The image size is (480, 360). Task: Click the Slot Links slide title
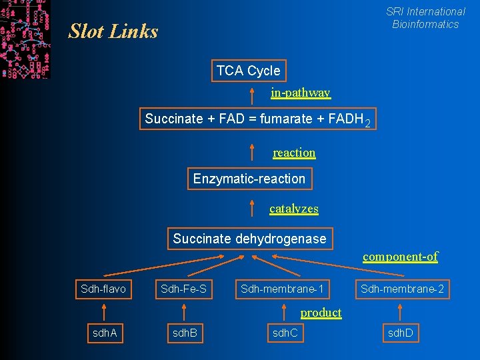coord(113,31)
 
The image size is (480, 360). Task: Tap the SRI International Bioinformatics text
coord(425,18)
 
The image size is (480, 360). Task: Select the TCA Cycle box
coord(248,71)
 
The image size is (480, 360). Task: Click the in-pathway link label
coord(300,93)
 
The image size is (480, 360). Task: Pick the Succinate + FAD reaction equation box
coord(257,119)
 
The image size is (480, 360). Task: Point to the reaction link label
coord(294,153)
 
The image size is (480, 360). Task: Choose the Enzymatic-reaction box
coord(249,179)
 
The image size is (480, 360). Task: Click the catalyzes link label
coord(294,209)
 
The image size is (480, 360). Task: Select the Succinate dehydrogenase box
coord(249,239)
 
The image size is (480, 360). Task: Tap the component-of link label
coord(400,257)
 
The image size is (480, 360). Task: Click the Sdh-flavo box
coord(103,289)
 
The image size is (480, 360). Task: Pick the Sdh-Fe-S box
coord(183,289)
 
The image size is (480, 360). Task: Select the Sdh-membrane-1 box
coord(283,289)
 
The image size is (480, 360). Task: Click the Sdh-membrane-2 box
coord(402,289)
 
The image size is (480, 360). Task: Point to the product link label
coord(321,313)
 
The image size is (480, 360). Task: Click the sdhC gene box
coord(285,332)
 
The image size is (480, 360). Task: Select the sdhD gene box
coord(400,332)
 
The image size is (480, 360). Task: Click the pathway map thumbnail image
coord(25,39)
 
